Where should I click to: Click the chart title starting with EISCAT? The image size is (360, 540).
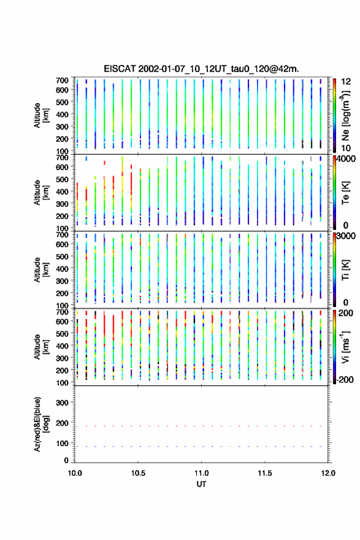201,69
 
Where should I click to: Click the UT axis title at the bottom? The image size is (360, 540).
201,484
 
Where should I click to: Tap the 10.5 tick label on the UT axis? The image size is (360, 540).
138,473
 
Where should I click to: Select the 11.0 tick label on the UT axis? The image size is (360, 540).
201,473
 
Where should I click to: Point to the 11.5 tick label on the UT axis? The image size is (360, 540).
265,473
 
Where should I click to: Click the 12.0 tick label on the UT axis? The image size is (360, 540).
328,473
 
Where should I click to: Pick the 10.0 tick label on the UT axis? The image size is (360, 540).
75,473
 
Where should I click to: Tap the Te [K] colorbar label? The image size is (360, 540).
345,193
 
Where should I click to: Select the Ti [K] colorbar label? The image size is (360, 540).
345,270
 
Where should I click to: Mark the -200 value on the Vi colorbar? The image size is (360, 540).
345,379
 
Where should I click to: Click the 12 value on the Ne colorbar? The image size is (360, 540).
346,82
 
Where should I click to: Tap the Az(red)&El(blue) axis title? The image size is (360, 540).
41,424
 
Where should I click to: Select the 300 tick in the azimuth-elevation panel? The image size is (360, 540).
62,403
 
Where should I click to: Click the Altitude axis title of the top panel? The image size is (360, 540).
41,115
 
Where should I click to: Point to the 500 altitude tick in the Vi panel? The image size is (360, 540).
62,333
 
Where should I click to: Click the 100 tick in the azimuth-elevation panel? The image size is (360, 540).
62,443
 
